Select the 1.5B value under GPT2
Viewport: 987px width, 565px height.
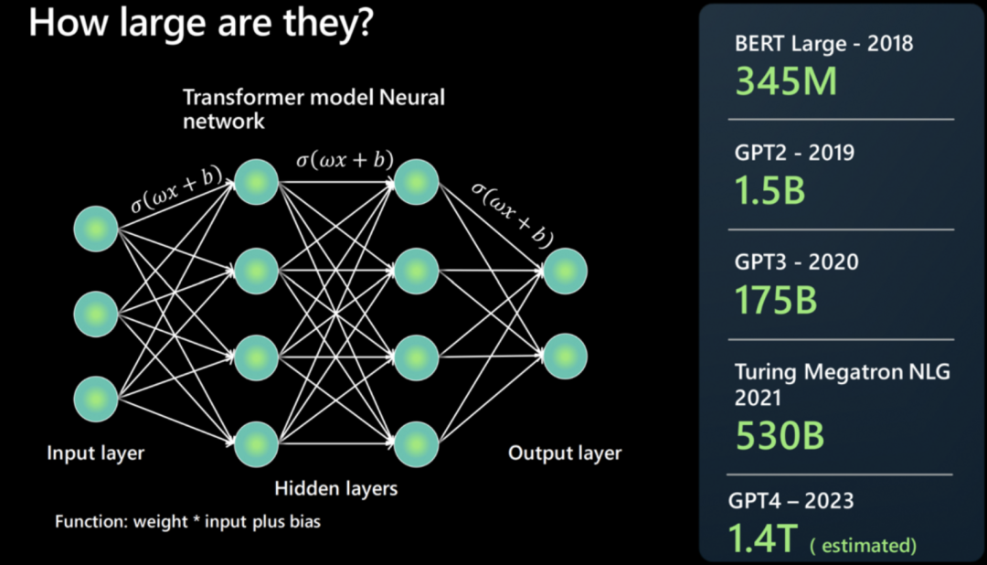click(x=769, y=189)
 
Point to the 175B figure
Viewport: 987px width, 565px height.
click(x=776, y=299)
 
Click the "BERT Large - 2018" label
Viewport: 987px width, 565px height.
click(x=823, y=43)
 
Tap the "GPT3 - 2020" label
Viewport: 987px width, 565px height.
click(x=796, y=262)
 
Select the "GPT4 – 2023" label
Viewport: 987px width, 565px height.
click(x=791, y=500)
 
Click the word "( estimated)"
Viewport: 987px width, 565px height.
click(x=863, y=546)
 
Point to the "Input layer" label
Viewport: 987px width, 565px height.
click(x=96, y=453)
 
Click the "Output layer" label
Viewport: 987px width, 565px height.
click(x=565, y=453)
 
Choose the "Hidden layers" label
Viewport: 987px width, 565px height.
click(x=336, y=488)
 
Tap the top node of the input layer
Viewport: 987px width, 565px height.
click(x=96, y=229)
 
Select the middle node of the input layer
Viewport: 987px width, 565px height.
click(x=96, y=314)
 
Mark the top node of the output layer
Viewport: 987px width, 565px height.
click(x=565, y=271)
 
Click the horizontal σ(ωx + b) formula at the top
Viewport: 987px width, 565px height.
click(x=345, y=160)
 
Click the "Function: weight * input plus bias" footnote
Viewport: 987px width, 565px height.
click(x=187, y=522)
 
